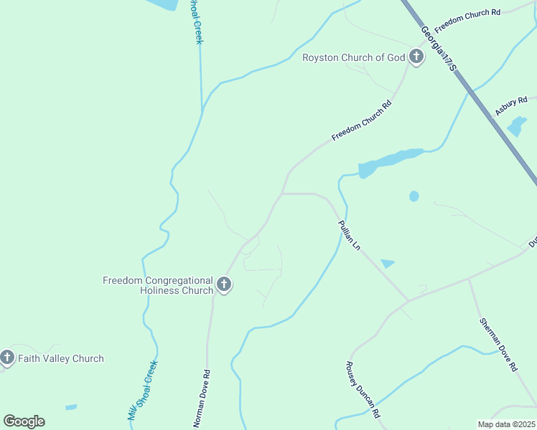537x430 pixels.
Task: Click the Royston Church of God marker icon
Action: click(x=416, y=57)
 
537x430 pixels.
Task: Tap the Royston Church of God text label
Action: click(x=354, y=57)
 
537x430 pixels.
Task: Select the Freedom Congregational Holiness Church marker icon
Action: click(x=224, y=285)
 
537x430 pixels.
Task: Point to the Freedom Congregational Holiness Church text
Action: click(x=158, y=285)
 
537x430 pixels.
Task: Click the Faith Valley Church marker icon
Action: click(x=7, y=358)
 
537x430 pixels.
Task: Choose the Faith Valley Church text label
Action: click(x=61, y=358)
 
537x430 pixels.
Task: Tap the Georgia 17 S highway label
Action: click(x=439, y=46)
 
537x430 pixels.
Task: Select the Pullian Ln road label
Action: click(x=349, y=234)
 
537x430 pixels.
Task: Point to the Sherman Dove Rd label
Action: click(x=498, y=343)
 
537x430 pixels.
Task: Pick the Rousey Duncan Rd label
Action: click(x=362, y=389)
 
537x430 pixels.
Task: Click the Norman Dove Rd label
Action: click(x=202, y=398)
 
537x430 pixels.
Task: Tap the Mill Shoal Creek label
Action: click(x=142, y=391)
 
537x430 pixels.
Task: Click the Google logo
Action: click(x=24, y=421)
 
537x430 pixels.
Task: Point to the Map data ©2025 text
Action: click(x=506, y=424)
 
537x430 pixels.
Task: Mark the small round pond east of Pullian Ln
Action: click(x=414, y=196)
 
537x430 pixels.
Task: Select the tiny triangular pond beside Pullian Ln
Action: click(x=388, y=264)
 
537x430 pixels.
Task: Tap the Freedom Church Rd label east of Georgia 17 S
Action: click(x=467, y=17)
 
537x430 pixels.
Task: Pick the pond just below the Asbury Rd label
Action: click(x=515, y=127)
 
